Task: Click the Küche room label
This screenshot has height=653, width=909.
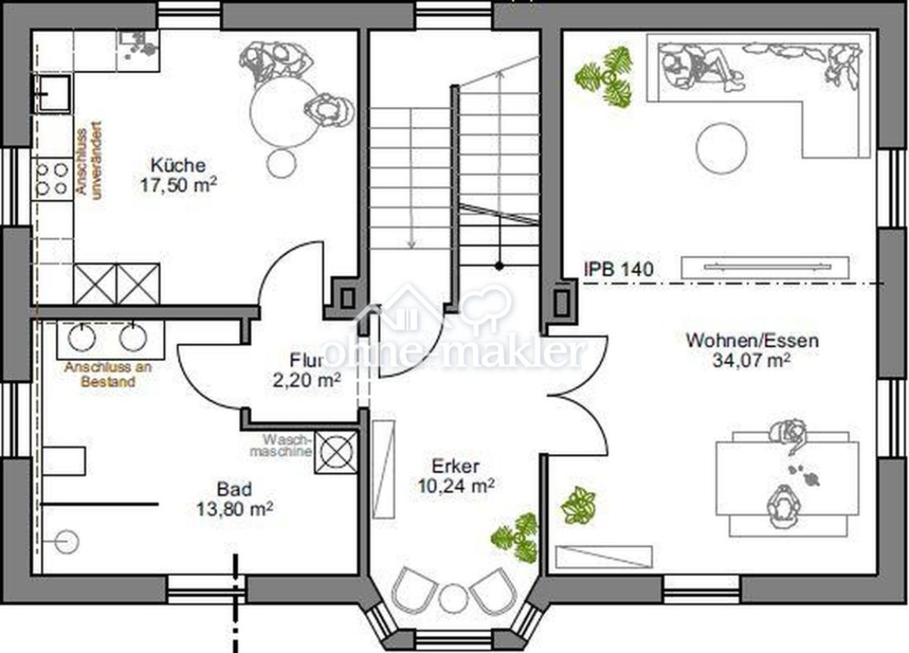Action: (x=178, y=165)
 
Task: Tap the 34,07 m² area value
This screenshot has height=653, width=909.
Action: (x=751, y=360)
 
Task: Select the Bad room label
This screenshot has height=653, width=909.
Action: (x=234, y=489)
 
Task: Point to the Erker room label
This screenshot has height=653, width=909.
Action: (x=455, y=466)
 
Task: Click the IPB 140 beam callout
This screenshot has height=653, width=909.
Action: (x=619, y=269)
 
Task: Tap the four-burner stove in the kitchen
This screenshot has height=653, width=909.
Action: (x=52, y=179)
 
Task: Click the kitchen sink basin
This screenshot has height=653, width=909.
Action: (x=52, y=94)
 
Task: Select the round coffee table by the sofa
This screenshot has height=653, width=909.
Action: (x=721, y=147)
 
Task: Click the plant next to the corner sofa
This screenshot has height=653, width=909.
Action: (x=605, y=76)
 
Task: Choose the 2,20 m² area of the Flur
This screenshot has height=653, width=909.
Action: (x=306, y=381)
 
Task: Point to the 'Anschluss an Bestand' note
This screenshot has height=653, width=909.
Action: (x=108, y=374)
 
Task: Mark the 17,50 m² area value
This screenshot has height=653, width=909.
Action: (x=178, y=185)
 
